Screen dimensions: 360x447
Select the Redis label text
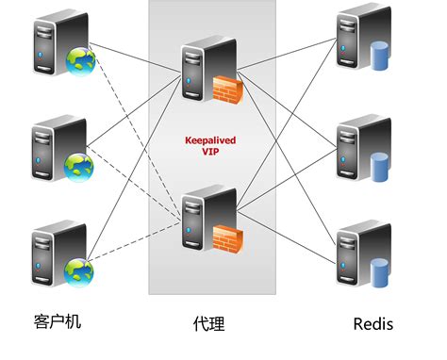click(372, 324)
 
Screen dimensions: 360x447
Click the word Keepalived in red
click(209, 139)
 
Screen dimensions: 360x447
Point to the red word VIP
click(209, 151)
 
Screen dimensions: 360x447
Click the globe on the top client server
click(78, 62)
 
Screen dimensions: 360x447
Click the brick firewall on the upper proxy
click(227, 90)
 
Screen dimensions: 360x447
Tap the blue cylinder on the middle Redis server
click(381, 167)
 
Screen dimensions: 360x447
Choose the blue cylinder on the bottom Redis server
click(381, 272)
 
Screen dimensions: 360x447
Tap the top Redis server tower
click(356, 42)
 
